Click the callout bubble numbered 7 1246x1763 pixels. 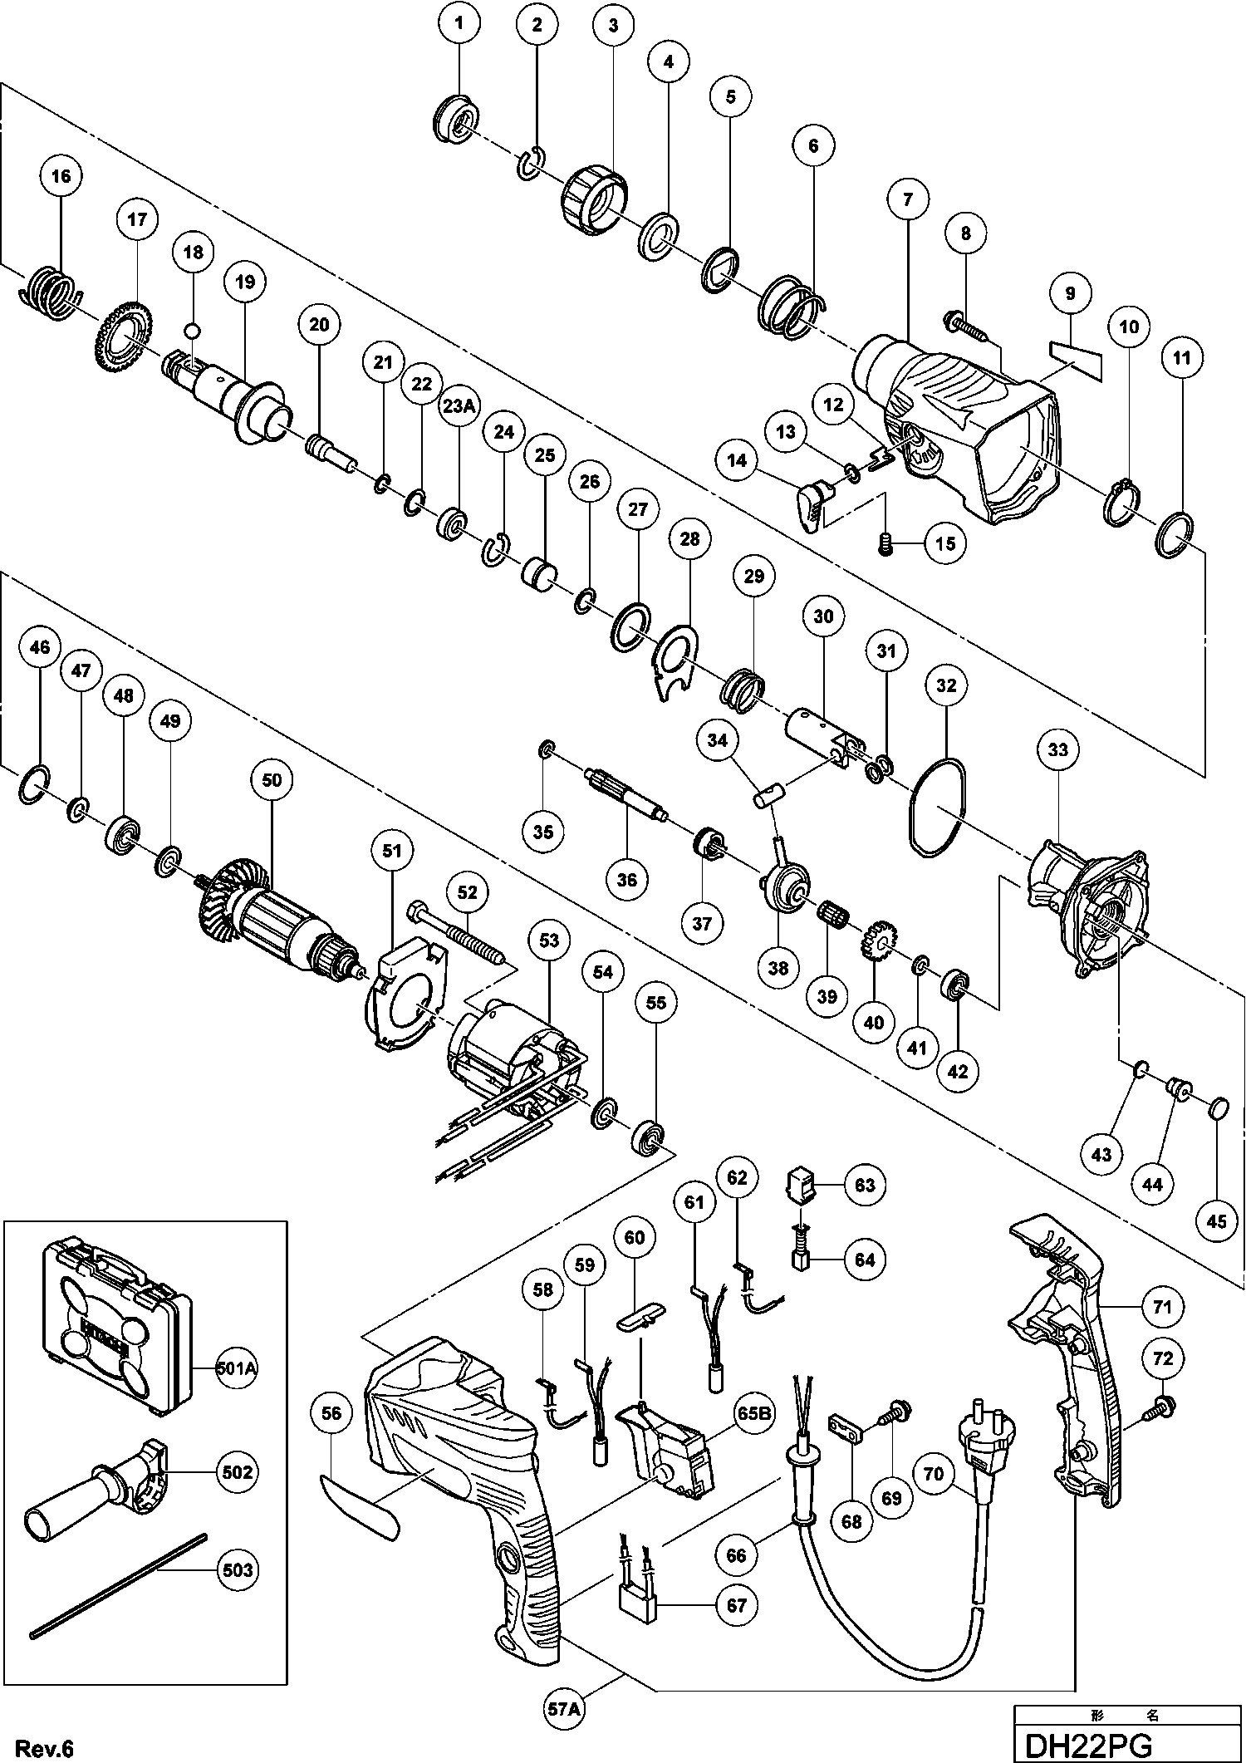pos(908,199)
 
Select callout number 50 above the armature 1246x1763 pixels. pos(272,780)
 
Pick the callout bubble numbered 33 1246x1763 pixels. pos(1057,750)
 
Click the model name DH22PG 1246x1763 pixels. pos(1088,1745)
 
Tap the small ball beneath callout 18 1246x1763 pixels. pos(193,330)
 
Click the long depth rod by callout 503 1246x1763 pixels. pos(116,1584)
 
